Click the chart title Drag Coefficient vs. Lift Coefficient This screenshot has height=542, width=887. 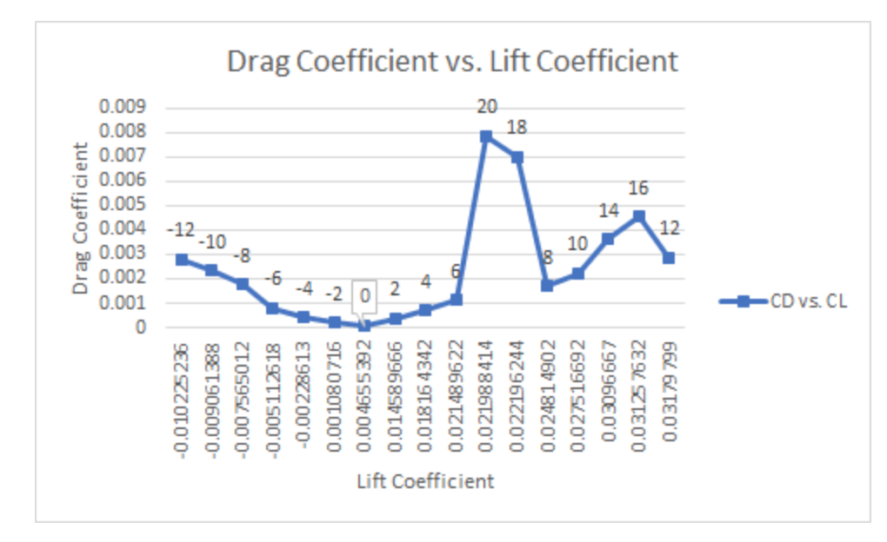(451, 62)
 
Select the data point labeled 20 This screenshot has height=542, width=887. (486, 136)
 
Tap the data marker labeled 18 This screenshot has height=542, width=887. (517, 157)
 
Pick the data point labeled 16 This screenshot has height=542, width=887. (638, 215)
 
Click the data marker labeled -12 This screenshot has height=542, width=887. (182, 260)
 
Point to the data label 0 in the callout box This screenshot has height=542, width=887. (364, 295)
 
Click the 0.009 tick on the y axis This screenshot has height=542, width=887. (122, 109)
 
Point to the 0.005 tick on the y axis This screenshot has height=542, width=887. (122, 206)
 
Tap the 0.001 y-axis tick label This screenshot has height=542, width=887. (122, 304)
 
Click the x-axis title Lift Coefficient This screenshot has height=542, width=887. (425, 481)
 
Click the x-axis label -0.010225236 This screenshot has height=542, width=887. (182, 400)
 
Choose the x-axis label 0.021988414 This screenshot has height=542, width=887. (486, 400)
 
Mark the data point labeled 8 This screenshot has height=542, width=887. (547, 285)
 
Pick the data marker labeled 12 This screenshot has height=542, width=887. (669, 258)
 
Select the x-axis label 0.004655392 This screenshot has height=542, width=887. (364, 400)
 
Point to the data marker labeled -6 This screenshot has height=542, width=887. (273, 308)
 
